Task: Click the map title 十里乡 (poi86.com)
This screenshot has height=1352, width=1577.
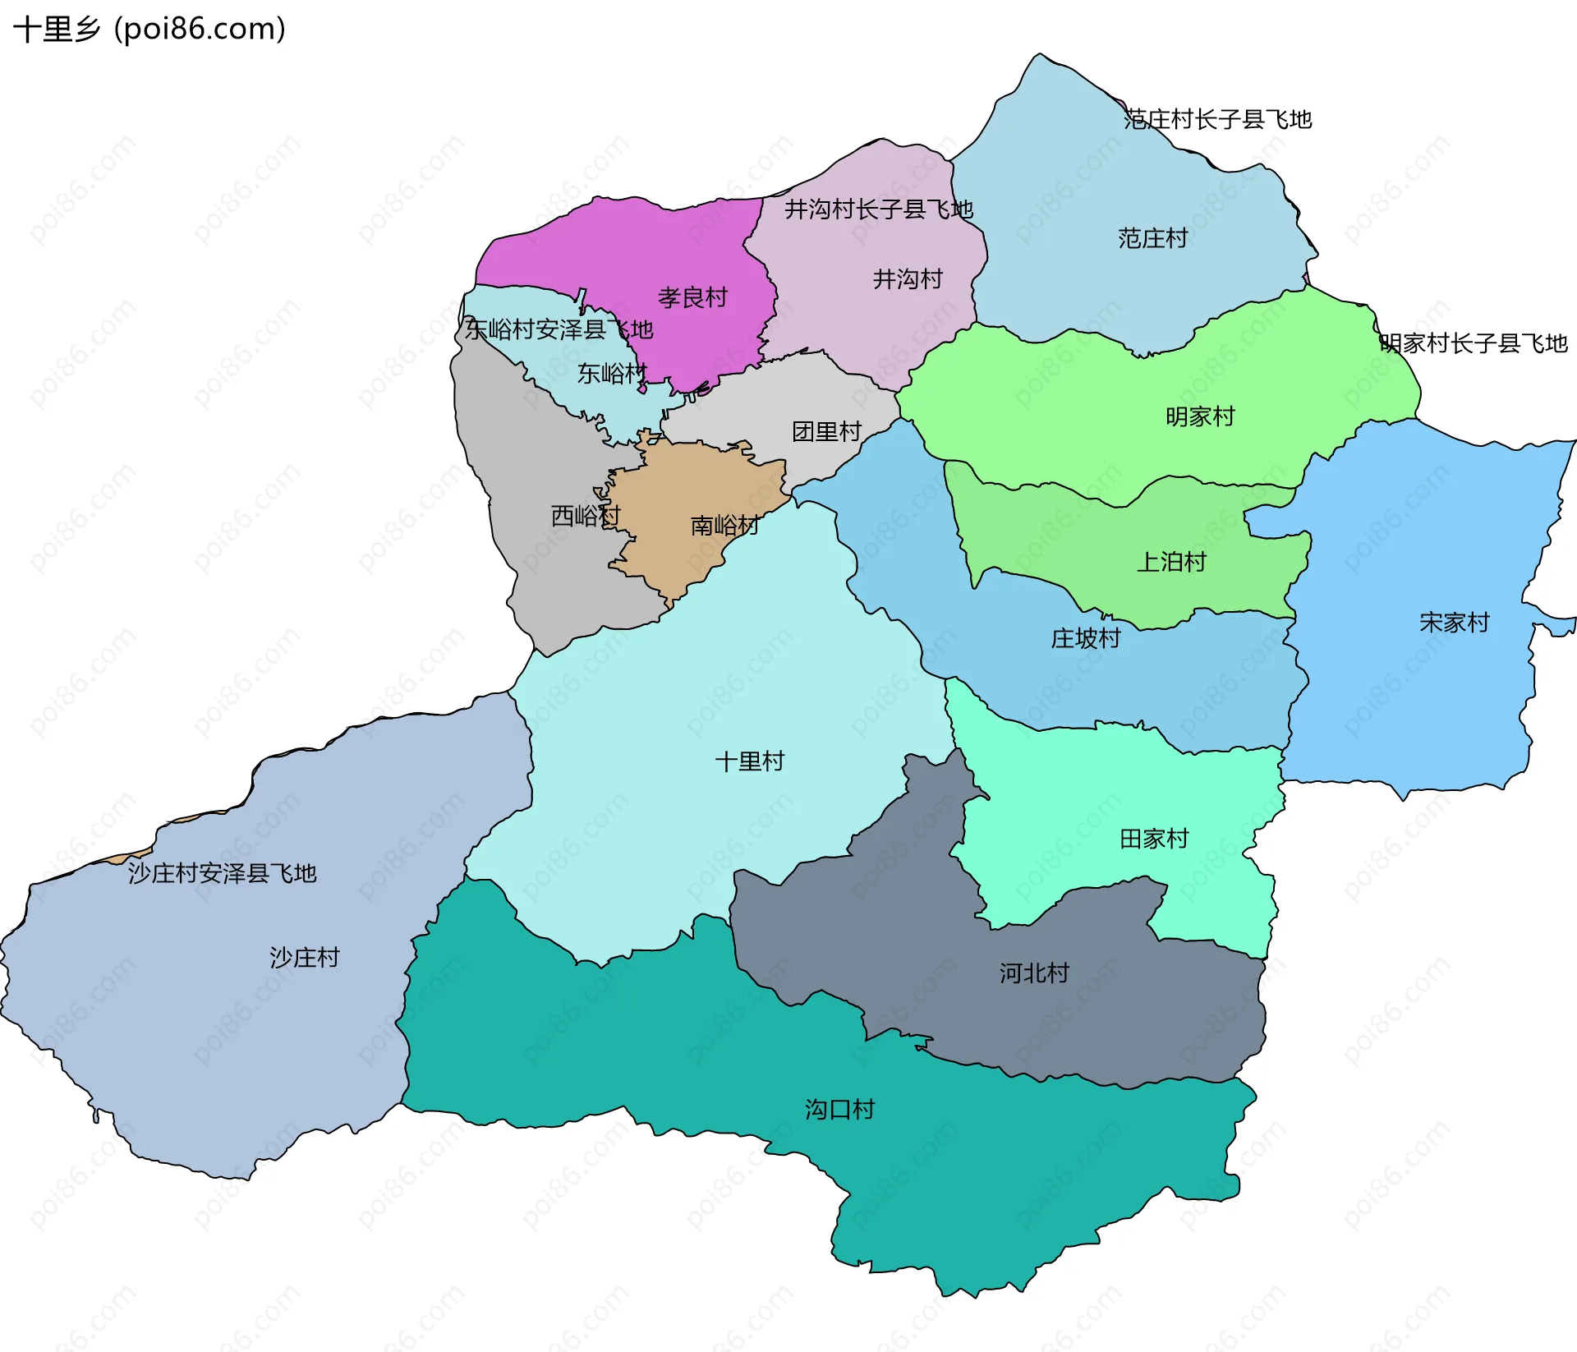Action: [149, 29]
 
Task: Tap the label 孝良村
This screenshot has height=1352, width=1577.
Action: [692, 297]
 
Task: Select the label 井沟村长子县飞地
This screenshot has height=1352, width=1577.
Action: [878, 209]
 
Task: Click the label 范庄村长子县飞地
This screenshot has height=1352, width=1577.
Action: [1217, 120]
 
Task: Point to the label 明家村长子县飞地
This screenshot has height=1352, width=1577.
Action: [1473, 343]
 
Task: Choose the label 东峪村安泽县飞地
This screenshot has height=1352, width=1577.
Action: [559, 329]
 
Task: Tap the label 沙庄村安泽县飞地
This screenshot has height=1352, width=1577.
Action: [222, 873]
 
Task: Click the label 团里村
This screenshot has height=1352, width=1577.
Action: [826, 431]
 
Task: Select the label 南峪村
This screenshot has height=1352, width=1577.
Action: [724, 525]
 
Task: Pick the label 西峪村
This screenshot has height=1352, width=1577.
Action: [586, 516]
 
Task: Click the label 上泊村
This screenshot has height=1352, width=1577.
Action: [1171, 562]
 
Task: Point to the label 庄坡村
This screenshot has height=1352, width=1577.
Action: [1086, 638]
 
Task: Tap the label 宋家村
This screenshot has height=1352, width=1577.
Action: [1454, 623]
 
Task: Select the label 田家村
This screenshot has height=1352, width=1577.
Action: [1154, 839]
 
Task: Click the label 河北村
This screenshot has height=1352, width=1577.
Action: [1034, 973]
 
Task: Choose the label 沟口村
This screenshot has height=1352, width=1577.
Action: [839, 1110]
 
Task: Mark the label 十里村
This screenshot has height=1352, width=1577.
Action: [749, 761]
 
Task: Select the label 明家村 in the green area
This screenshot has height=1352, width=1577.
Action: [1200, 416]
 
